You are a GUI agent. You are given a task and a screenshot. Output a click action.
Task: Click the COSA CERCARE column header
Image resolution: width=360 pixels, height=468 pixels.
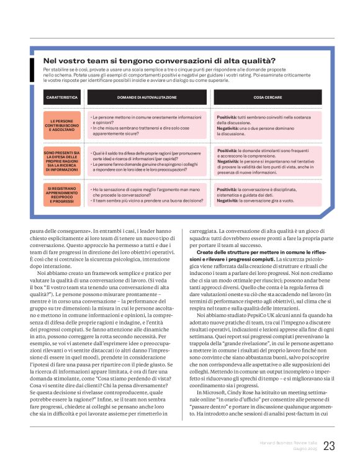(268, 97)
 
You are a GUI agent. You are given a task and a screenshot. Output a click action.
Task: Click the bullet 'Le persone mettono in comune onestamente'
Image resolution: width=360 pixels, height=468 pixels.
(147, 117)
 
